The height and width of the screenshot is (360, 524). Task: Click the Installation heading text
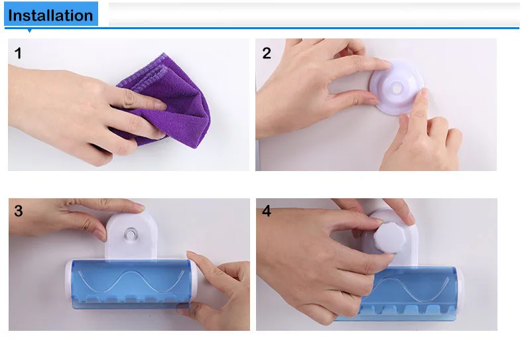[50, 15]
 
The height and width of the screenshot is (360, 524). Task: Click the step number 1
[18, 53]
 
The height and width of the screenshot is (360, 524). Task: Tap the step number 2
[267, 53]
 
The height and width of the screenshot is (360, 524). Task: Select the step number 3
[18, 211]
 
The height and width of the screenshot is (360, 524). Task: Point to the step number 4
[267, 211]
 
